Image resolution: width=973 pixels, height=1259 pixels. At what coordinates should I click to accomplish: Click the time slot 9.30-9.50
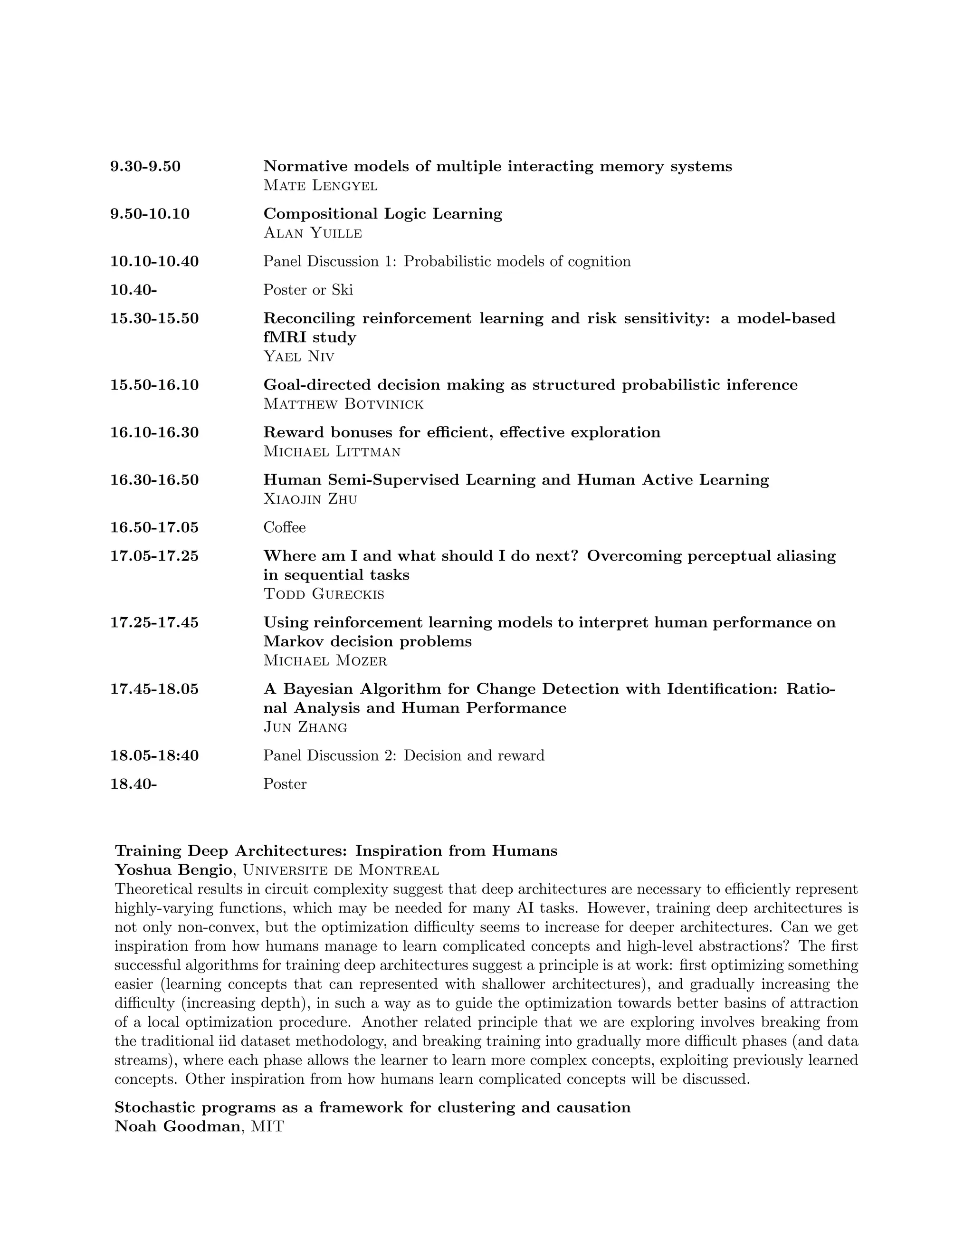(x=145, y=167)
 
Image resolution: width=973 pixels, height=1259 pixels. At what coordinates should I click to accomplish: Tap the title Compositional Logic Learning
(x=383, y=214)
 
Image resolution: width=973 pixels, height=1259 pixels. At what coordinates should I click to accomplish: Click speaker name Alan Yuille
(x=313, y=233)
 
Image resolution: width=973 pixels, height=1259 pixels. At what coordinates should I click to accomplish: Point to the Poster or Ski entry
(x=308, y=290)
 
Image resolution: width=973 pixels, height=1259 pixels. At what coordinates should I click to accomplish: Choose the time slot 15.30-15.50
(x=154, y=318)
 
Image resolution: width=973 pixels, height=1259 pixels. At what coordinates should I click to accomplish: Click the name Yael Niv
(x=298, y=356)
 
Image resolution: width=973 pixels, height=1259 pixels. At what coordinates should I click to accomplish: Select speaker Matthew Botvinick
(x=343, y=404)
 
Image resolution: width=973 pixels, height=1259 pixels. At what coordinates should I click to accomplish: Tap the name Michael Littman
(x=332, y=451)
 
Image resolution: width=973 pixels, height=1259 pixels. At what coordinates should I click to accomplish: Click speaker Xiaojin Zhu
(x=310, y=499)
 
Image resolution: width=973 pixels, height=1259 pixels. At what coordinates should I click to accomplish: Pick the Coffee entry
(x=284, y=527)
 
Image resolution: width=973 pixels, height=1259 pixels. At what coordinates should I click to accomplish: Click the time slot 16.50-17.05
(x=154, y=527)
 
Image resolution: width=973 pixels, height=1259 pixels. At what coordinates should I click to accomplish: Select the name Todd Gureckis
(x=324, y=594)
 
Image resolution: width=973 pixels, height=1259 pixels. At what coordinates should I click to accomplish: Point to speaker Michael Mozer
(x=325, y=661)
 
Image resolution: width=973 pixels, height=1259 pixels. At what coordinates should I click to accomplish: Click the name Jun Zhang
(x=305, y=727)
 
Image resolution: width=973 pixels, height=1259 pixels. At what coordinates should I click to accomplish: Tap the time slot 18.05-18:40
(x=154, y=756)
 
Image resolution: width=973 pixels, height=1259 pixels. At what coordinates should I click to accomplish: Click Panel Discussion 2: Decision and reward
(x=403, y=756)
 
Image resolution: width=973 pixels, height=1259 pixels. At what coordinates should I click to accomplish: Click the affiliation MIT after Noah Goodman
(x=267, y=1126)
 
